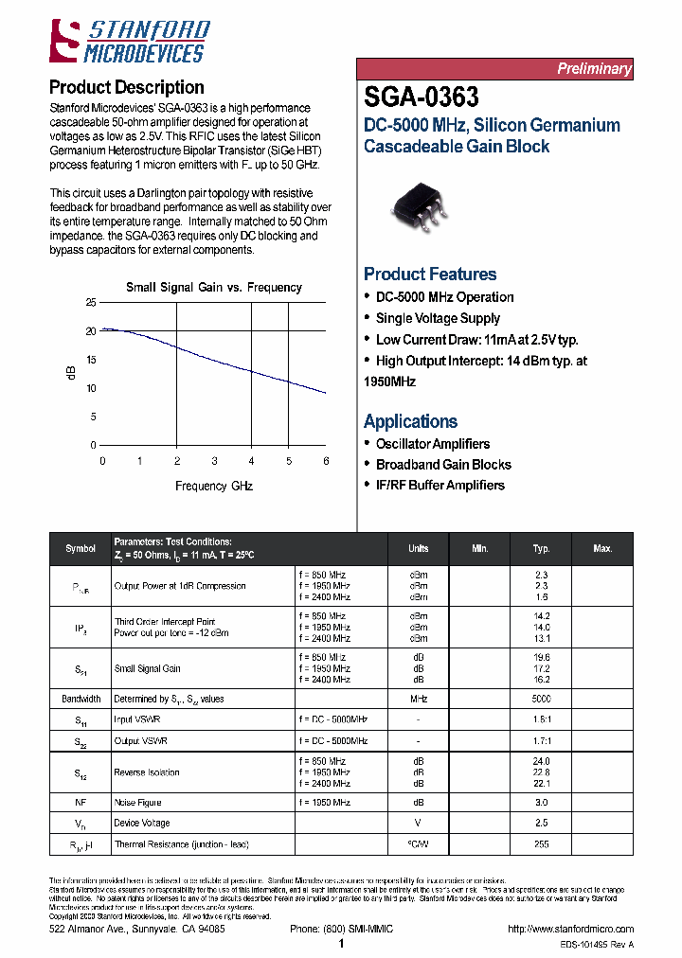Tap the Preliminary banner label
click(x=593, y=69)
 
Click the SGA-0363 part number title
click(x=422, y=98)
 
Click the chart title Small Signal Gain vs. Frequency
click(x=214, y=288)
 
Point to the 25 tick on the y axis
click(x=91, y=303)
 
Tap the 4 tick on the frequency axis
click(x=251, y=461)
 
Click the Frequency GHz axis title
click(x=214, y=487)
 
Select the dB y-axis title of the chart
click(x=69, y=374)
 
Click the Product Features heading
click(x=430, y=275)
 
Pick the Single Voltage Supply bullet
click(x=438, y=318)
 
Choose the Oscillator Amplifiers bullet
click(x=433, y=444)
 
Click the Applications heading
click(x=410, y=422)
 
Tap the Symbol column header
click(x=81, y=549)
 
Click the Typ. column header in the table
click(x=541, y=549)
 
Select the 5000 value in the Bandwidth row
click(x=541, y=700)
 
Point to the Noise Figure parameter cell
click(x=138, y=803)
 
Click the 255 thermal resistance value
click(x=541, y=844)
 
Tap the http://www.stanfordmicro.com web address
click(x=570, y=930)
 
